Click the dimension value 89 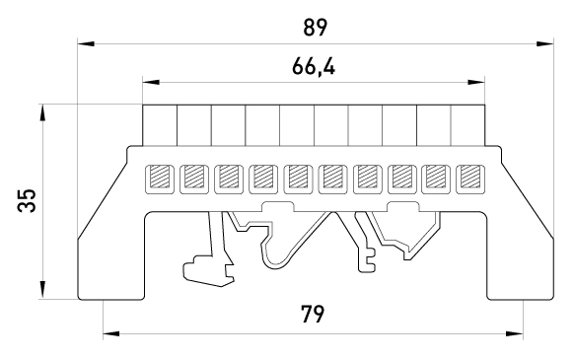[x=315, y=28]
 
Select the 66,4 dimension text [x=314, y=67]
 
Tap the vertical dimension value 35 [x=27, y=200]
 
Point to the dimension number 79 [x=313, y=314]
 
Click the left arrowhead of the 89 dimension [x=86, y=44]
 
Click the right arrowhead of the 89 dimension [x=545, y=44]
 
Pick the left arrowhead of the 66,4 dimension [x=151, y=82]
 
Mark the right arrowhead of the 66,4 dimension [x=476, y=82]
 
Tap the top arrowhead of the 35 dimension [x=43, y=112]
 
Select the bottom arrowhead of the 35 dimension [x=43, y=290]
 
